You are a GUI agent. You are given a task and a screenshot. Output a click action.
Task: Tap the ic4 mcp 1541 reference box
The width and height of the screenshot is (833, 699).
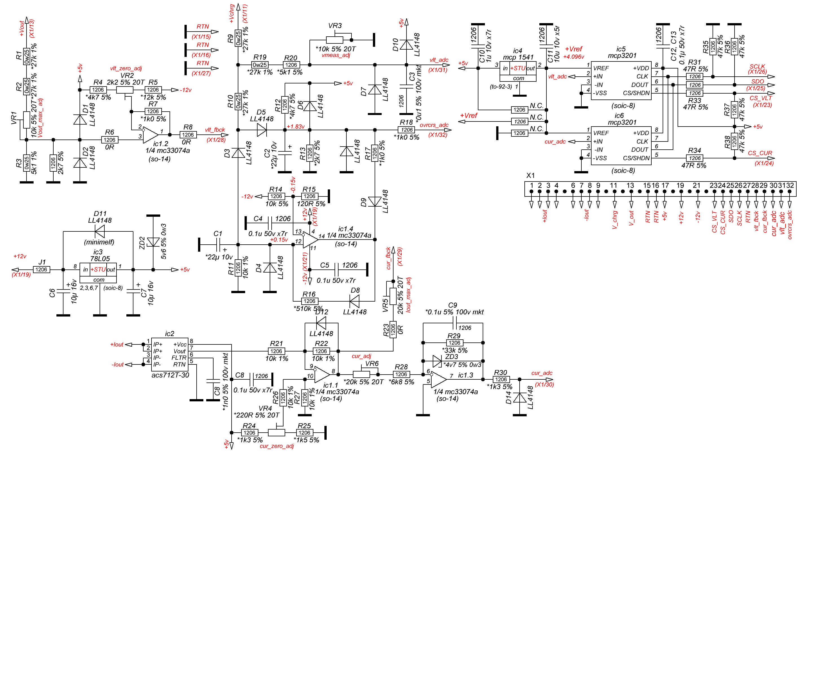[x=518, y=71]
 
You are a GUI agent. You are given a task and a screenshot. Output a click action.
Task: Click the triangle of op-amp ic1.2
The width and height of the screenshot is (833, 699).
[x=150, y=135]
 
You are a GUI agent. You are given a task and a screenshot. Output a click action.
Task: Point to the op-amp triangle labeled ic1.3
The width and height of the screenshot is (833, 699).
[x=439, y=380]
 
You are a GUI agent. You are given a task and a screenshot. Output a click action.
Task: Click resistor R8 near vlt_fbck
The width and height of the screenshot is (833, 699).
[x=188, y=135]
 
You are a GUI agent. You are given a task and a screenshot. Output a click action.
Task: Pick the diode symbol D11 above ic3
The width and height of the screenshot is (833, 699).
[x=100, y=231]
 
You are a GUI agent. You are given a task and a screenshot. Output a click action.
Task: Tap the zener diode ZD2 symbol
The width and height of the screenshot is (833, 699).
[x=153, y=242]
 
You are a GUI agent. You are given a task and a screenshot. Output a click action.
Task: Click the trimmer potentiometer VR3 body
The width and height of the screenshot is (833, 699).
[x=334, y=40]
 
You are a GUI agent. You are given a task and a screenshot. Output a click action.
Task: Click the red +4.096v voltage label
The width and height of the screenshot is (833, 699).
[x=573, y=57]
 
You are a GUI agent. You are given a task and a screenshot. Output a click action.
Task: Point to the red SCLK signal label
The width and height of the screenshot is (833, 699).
[x=757, y=67]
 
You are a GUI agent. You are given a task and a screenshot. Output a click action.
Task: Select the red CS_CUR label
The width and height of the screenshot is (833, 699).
[x=760, y=153]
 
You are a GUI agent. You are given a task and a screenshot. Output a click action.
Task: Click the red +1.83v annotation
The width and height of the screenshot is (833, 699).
[x=296, y=126]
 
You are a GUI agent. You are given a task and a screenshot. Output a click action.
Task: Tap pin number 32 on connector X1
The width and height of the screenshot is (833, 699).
[x=790, y=185]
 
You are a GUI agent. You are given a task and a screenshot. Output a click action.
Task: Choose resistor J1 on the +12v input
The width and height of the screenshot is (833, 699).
[x=41, y=270]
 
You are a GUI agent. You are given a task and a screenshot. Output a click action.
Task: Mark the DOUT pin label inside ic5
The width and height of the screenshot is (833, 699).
[x=639, y=85]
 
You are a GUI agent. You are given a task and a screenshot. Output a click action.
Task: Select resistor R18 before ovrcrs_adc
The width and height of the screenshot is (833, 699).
[x=406, y=130]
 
